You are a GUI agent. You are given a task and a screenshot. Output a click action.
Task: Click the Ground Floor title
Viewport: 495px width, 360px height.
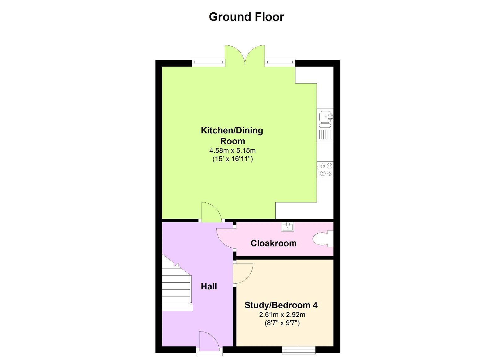246,17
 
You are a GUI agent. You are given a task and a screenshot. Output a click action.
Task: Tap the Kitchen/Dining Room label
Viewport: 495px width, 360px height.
232,136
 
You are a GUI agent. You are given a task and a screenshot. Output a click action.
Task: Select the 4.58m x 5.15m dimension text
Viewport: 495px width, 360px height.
232,151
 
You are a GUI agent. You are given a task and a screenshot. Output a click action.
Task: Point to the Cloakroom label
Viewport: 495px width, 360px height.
273,243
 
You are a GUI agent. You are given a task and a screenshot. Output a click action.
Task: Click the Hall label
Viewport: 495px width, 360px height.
209,286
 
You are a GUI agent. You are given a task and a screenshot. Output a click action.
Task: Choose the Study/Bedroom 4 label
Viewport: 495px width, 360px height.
281,305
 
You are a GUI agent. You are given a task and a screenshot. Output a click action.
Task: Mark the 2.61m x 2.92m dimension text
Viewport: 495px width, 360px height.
282,315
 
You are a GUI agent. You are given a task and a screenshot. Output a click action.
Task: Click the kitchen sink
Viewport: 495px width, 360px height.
325,119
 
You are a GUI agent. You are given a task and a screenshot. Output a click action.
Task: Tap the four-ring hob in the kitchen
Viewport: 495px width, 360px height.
325,170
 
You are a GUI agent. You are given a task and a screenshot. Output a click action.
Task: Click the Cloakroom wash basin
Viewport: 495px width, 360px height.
287,227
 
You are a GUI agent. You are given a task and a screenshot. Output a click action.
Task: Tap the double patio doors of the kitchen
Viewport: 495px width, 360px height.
245,55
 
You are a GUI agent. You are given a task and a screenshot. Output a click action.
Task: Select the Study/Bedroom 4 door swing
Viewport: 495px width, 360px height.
243,273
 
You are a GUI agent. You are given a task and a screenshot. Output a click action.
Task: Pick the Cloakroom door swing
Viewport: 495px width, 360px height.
225,238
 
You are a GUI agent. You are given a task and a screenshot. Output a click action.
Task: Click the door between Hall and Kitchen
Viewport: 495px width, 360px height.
211,212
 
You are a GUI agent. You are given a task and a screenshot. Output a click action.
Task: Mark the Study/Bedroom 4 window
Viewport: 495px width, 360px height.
299,350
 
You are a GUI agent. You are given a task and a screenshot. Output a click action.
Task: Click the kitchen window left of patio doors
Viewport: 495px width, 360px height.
208,63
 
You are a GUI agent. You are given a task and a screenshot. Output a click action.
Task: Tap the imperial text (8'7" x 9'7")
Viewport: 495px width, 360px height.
282,323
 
